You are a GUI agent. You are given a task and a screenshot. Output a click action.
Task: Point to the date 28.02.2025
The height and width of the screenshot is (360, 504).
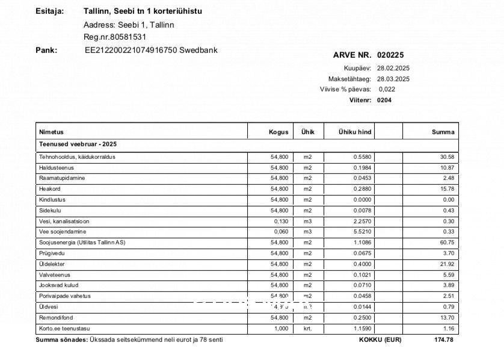pos(393,69)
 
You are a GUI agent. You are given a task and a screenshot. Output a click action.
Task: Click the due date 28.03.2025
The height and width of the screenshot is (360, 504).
pos(393,79)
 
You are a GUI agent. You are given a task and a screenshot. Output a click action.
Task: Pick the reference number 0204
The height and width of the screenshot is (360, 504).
pos(384,100)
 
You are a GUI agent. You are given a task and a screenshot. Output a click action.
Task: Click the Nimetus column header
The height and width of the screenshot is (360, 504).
pos(51,132)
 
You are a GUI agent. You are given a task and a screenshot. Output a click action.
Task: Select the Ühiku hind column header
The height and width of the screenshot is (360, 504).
pos(354,132)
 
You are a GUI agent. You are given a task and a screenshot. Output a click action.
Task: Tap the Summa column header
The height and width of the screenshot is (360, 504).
pos(443,132)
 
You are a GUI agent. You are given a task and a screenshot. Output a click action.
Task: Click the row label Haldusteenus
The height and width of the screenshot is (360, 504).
pos(56,167)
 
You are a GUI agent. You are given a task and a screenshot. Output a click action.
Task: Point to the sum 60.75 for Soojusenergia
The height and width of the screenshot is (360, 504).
pos(447,243)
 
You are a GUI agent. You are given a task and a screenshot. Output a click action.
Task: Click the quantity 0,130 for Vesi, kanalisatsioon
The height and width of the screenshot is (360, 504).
pos(281,221)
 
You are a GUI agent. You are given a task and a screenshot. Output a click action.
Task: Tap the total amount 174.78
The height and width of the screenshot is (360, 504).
pos(444,340)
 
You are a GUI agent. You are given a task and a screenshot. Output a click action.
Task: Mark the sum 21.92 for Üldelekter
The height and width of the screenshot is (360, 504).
pos(447,264)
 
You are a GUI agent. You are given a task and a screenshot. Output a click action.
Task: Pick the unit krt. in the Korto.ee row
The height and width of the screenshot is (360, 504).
pos(307,329)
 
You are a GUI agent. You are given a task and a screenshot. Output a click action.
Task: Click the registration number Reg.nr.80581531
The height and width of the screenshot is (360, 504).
pos(115,37)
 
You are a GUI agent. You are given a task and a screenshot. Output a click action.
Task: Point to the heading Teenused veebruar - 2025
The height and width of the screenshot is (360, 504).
pos(78,144)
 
